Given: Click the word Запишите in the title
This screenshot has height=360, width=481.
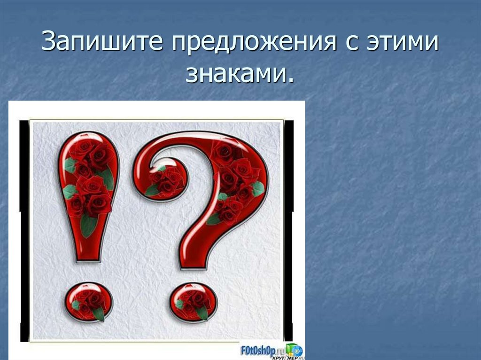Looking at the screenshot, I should pos(101,43).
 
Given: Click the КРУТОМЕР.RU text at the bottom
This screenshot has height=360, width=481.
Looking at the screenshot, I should pos(277,356).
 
